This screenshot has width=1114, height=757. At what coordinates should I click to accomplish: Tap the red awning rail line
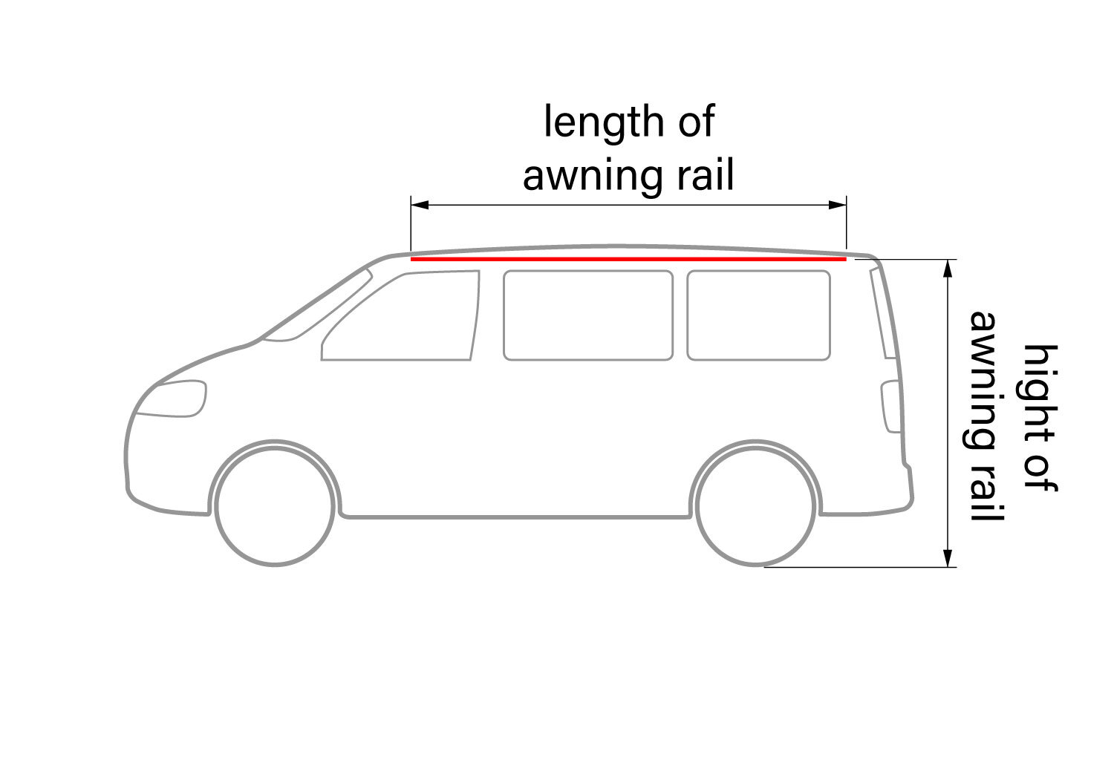click(x=628, y=260)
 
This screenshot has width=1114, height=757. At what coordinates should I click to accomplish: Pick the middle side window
click(x=587, y=315)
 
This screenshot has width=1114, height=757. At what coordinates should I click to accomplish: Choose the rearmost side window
click(x=758, y=315)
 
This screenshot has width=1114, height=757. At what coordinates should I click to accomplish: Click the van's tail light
click(x=888, y=407)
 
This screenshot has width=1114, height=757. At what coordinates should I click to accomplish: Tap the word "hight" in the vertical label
click(x=1040, y=390)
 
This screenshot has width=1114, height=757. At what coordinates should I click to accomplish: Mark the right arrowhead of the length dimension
click(x=840, y=203)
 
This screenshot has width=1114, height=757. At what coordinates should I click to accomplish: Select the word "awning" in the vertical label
click(x=987, y=378)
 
